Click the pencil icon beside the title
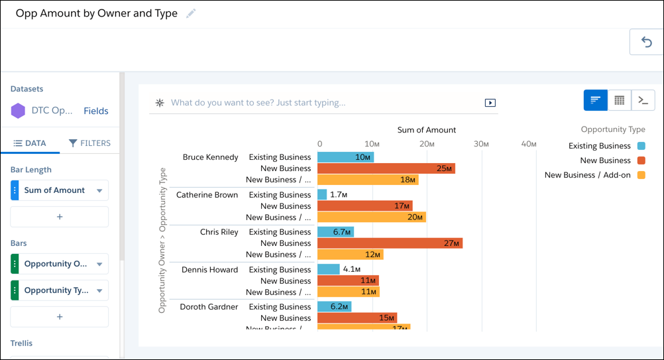[x=191, y=13]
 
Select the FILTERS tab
[x=90, y=143]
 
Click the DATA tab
[x=30, y=143]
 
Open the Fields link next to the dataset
[x=95, y=111]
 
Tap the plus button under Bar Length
[x=60, y=217]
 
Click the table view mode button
[x=620, y=100]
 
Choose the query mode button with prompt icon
[x=643, y=100]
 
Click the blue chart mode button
[x=595, y=100]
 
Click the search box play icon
[x=490, y=103]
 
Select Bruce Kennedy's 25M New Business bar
[x=386, y=168]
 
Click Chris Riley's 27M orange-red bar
[x=390, y=243]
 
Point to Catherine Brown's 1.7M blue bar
[x=322, y=195]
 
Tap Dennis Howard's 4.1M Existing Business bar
[x=328, y=269]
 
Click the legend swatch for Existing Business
[x=641, y=146]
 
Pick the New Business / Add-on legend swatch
[x=641, y=175]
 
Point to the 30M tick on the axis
[x=481, y=143]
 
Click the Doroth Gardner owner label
[x=209, y=307]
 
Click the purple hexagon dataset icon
[x=18, y=111]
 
